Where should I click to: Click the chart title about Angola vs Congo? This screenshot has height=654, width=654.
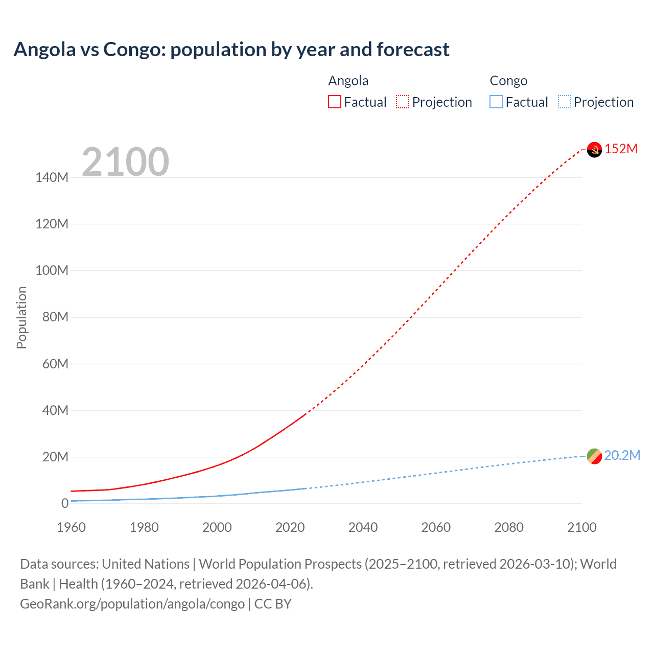[x=231, y=50]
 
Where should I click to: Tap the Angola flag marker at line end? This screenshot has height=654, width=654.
[x=594, y=150]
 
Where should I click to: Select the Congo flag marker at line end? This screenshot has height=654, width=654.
[x=594, y=456]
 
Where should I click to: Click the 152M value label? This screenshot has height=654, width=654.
[x=621, y=149]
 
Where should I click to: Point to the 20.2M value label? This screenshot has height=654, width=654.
[x=622, y=455]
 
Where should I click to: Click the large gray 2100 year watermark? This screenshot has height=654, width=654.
[x=125, y=162]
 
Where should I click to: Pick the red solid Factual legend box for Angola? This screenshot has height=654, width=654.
[x=335, y=102]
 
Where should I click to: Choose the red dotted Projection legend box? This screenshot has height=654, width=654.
[x=403, y=102]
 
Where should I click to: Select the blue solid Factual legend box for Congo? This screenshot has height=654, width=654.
[x=496, y=102]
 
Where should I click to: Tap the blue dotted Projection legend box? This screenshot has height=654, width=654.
[x=565, y=102]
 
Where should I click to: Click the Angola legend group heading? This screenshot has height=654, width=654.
[x=348, y=81]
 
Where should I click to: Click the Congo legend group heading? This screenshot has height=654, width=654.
[x=508, y=81]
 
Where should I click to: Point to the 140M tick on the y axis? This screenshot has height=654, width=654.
[x=52, y=177]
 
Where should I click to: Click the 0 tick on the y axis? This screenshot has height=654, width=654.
[x=65, y=503]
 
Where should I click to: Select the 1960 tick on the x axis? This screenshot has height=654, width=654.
[x=71, y=527]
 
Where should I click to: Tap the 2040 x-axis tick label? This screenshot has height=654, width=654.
[x=363, y=527]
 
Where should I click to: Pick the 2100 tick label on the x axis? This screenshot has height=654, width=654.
[x=581, y=527]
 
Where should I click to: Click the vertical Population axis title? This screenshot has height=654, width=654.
[x=21, y=317]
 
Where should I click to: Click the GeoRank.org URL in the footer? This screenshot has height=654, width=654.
[x=132, y=604]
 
